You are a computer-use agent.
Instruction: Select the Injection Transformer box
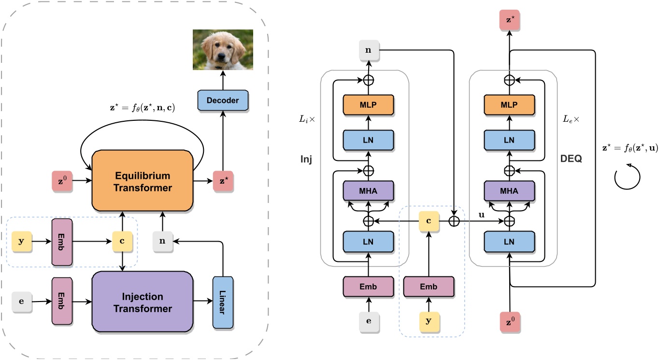pos(143,302)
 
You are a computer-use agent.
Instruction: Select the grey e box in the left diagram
pos(21,302)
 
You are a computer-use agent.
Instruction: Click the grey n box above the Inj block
pos(369,50)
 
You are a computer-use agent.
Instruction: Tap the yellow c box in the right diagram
pos(429,221)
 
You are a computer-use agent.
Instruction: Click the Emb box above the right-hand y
pos(429,287)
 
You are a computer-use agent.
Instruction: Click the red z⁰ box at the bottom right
pos(509,321)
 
